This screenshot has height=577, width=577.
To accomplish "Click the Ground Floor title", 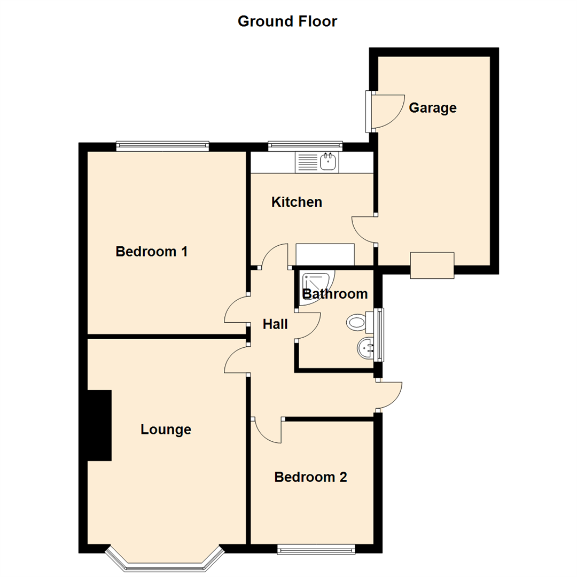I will click(x=287, y=22).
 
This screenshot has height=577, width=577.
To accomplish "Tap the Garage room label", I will click(x=432, y=108).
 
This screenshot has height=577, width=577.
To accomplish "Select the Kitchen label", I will click(x=297, y=202).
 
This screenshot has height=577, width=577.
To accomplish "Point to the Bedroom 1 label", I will click(x=151, y=251).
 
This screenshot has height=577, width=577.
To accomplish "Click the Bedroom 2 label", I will click(x=310, y=477).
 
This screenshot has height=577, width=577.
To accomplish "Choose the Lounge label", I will click(x=166, y=430).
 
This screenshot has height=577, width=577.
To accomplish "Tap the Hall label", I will click(x=275, y=324).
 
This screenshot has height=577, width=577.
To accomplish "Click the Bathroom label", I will click(x=335, y=294).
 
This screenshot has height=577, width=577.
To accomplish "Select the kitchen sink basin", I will click(x=327, y=161).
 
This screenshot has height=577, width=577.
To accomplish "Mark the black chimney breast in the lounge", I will click(x=99, y=425).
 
